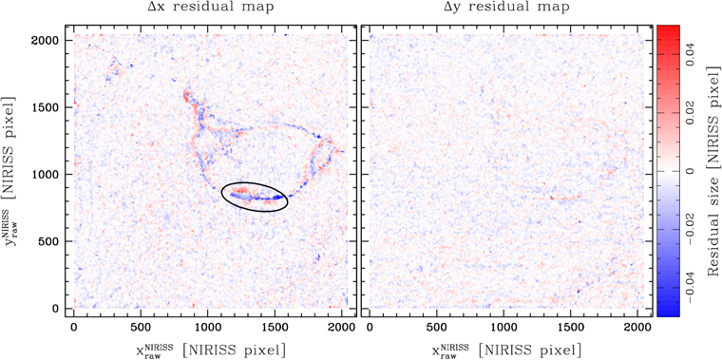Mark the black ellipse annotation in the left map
255,196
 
